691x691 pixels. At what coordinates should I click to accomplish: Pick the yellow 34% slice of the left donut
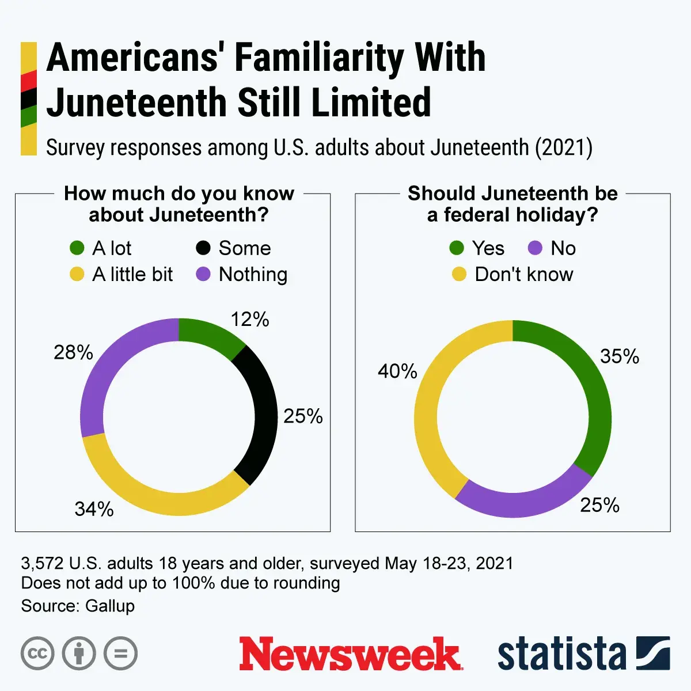pos(161,501)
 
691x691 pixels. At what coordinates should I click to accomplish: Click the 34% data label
pos(94,509)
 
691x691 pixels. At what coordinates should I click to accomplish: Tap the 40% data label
pos(397,371)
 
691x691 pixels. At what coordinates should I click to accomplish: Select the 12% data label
pos(250,320)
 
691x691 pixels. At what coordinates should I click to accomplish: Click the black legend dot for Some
pos(203,248)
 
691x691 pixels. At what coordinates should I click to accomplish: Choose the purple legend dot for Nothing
pos(203,274)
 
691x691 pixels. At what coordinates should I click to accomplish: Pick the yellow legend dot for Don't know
pos(459,274)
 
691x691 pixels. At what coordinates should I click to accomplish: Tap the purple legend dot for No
pos(535,248)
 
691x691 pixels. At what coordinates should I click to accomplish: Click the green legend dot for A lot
pos(77,248)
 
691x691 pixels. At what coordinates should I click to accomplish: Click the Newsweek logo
pos(350,654)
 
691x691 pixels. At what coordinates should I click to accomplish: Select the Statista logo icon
pos(653,654)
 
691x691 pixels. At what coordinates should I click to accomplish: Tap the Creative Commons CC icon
pos(37,654)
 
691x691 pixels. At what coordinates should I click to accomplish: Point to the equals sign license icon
pos(121,654)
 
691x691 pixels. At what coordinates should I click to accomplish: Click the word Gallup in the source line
pos(110,606)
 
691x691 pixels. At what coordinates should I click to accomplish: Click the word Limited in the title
pos(371,102)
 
